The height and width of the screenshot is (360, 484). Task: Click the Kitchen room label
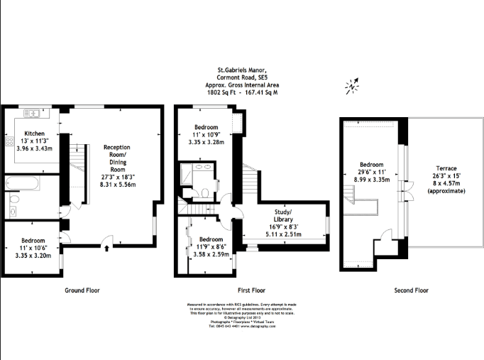click(35, 133)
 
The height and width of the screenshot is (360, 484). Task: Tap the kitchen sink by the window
click(31, 112)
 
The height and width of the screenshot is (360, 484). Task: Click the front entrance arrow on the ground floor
click(106, 248)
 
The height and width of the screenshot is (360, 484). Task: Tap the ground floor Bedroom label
click(34, 241)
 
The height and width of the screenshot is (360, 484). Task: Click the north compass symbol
click(352, 87)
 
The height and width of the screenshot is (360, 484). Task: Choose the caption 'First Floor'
click(251, 290)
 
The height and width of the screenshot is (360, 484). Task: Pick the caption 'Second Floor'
click(412, 290)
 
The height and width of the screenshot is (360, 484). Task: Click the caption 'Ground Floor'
click(82, 290)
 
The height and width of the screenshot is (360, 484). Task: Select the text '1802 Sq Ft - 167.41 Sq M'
click(241, 92)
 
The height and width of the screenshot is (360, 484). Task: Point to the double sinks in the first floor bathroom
click(197, 170)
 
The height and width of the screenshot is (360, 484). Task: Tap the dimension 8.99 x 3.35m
click(372, 180)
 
